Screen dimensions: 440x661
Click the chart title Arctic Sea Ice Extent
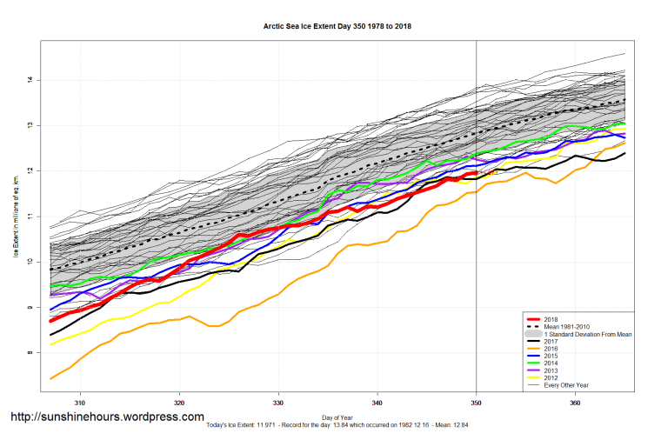point(337,26)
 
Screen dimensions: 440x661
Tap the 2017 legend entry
point(549,341)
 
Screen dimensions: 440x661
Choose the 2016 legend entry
point(549,348)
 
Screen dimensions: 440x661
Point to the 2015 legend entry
point(549,355)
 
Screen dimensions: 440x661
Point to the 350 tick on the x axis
point(477,403)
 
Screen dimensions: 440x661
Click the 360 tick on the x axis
point(576,403)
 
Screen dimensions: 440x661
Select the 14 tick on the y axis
point(29,80)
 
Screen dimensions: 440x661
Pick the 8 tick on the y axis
point(29,352)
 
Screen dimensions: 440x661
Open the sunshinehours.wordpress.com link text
point(107,417)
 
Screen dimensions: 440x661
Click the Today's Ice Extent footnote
point(337,425)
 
